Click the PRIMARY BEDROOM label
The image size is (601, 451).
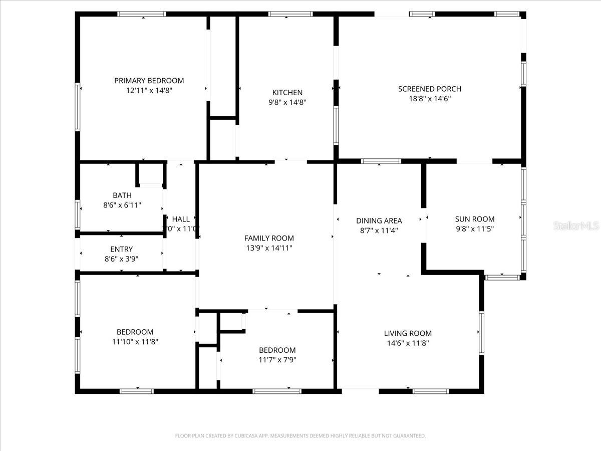pos(149,81)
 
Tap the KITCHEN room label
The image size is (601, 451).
pos(287,93)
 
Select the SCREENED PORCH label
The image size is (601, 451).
pos(429,89)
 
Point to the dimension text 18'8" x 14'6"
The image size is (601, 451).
pos(429,99)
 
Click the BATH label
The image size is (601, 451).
pos(122,195)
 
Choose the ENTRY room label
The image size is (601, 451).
pos(121,250)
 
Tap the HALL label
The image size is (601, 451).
pos(181,219)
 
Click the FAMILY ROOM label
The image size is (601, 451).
pos(269,238)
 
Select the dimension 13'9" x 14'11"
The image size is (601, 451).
pos(269,248)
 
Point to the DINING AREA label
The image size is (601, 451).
pos(379,221)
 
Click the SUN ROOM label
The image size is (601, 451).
pos(474,219)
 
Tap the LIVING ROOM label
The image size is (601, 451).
pos(408,334)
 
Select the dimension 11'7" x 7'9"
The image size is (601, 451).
pos(277,360)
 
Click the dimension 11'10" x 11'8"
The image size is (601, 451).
pos(135,342)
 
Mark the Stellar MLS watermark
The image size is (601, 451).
pos(575,226)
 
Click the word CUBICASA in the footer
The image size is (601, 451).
pos(248,436)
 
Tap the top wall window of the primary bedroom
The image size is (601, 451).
pos(142,14)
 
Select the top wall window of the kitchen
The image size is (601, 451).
pos(290,14)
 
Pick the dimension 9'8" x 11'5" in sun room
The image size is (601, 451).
pos(474,229)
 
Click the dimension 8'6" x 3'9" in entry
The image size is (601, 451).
pos(121,259)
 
